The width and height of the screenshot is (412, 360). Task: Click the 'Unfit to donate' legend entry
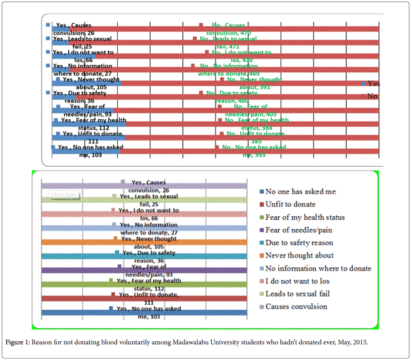coord(290,204)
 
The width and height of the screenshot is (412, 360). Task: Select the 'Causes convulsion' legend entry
coord(296,306)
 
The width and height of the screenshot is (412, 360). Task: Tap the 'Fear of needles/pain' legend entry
coord(299,230)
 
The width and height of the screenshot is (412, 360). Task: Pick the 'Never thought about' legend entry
coord(299,256)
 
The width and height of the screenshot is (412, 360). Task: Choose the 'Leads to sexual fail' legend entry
coord(297,294)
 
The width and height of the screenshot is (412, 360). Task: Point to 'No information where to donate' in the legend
coord(318,268)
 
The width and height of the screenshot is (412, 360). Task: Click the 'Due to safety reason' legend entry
coord(299,243)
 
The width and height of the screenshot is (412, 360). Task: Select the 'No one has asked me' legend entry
coord(300,192)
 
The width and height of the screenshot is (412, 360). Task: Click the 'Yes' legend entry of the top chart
coord(373,84)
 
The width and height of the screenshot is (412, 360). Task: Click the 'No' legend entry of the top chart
coord(372,96)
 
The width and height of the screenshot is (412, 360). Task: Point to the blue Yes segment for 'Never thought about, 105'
coord(87,83)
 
